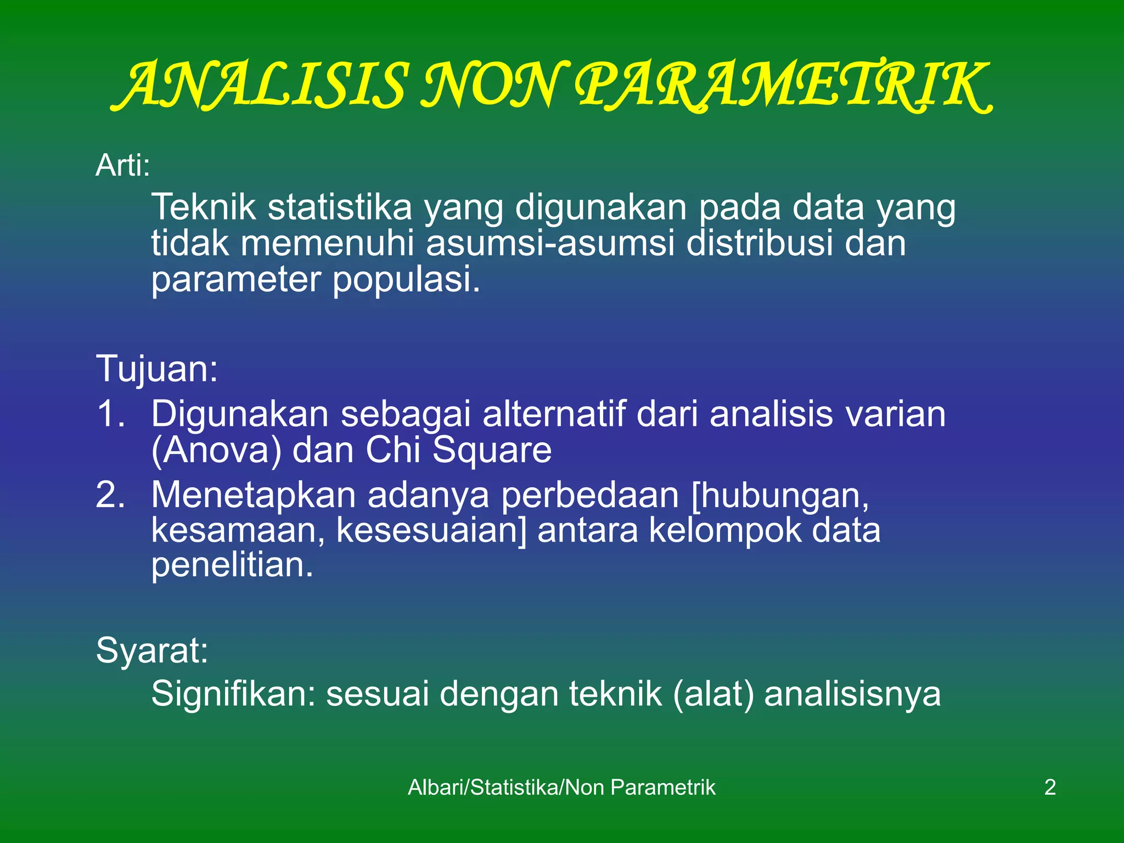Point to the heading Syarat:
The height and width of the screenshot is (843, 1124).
point(152,651)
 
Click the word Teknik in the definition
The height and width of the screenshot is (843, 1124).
point(204,207)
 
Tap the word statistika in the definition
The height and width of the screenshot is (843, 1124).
point(340,207)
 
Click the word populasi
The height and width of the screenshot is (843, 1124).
point(406,279)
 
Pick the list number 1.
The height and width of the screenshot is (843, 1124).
point(110,414)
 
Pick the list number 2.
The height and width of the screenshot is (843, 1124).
point(110,494)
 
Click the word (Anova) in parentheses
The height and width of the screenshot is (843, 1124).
point(216,451)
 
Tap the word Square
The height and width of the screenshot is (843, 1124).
point(492,451)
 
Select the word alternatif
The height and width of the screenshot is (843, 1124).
point(554,414)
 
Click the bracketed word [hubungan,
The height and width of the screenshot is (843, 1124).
point(780,496)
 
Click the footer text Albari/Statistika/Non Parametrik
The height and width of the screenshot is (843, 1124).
point(561,788)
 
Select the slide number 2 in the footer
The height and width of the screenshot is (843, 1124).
point(1050,788)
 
